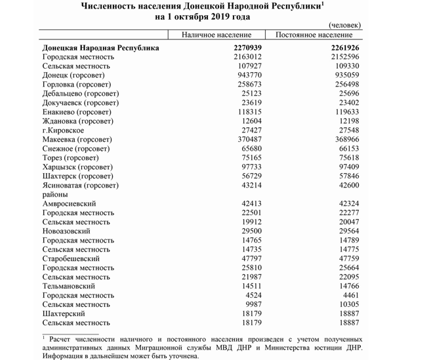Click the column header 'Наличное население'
216,35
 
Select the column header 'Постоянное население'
314,35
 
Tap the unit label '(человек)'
343,25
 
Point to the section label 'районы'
55,195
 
